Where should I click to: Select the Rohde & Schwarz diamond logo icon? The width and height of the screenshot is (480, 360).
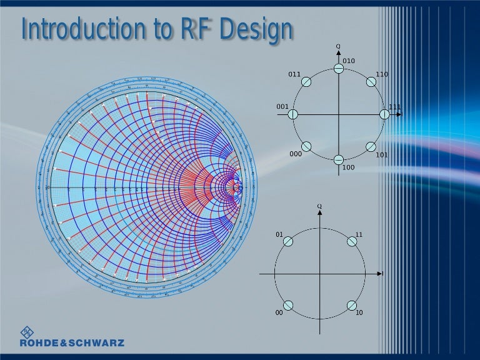click(28, 332)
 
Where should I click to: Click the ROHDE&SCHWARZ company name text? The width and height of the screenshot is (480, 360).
click(72, 342)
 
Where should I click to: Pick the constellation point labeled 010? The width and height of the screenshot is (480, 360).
click(338, 69)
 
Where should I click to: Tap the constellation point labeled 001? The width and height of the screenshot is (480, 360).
click(292, 114)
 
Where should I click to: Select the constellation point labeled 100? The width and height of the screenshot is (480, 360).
click(338, 160)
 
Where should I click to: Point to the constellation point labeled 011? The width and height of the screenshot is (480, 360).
click(306, 82)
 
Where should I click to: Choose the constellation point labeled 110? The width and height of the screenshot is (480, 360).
click(371, 82)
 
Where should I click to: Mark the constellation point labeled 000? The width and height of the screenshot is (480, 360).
click(306, 147)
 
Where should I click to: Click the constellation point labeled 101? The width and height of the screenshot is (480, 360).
click(371, 147)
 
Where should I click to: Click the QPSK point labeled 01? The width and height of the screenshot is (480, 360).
click(288, 242)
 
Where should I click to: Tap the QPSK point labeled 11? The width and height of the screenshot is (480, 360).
click(352, 242)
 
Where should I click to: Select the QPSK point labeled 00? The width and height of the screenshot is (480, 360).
click(288, 306)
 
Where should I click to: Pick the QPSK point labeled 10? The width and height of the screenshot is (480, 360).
click(352, 306)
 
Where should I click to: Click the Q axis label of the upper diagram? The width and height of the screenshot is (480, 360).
click(338, 46)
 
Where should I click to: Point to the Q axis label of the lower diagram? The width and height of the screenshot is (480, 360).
click(319, 205)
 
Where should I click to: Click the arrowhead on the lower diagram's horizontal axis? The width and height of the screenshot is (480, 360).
click(379, 274)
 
